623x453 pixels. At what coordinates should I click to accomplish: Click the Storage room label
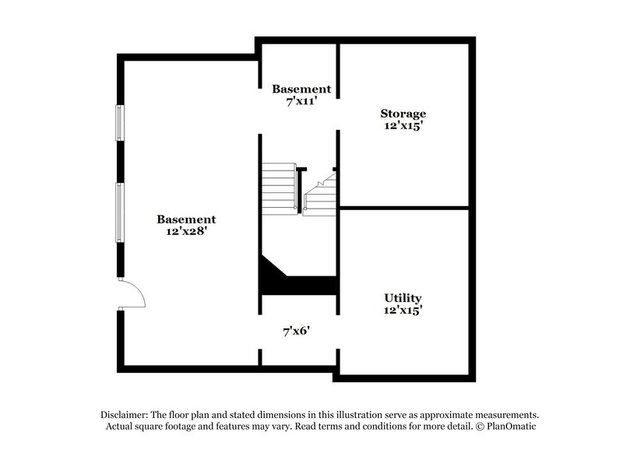[403, 113]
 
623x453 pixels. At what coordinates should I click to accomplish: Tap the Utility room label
[403, 297]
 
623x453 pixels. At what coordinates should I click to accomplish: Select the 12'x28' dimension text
[185, 232]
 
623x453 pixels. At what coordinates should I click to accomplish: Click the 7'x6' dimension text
[297, 331]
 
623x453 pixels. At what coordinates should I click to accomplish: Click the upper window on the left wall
[120, 123]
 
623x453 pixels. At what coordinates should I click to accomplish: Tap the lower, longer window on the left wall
[120, 211]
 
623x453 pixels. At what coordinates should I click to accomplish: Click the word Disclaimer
[126, 415]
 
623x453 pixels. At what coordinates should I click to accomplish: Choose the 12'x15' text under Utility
[403, 310]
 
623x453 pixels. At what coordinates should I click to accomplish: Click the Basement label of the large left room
[185, 219]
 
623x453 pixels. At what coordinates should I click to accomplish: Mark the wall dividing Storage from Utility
[403, 208]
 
